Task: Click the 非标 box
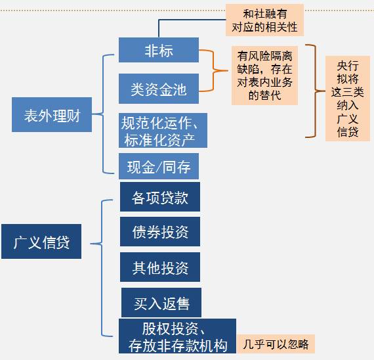coord(159,50)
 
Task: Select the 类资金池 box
coord(159,89)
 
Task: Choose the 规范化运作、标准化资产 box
coord(163,130)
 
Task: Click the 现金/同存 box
coord(159,167)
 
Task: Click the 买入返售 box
coord(161,303)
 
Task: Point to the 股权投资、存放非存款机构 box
coord(178,336)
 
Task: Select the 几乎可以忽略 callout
coord(276,343)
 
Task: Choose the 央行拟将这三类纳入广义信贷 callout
coord(348,99)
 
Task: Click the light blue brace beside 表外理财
coord(106,114)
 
